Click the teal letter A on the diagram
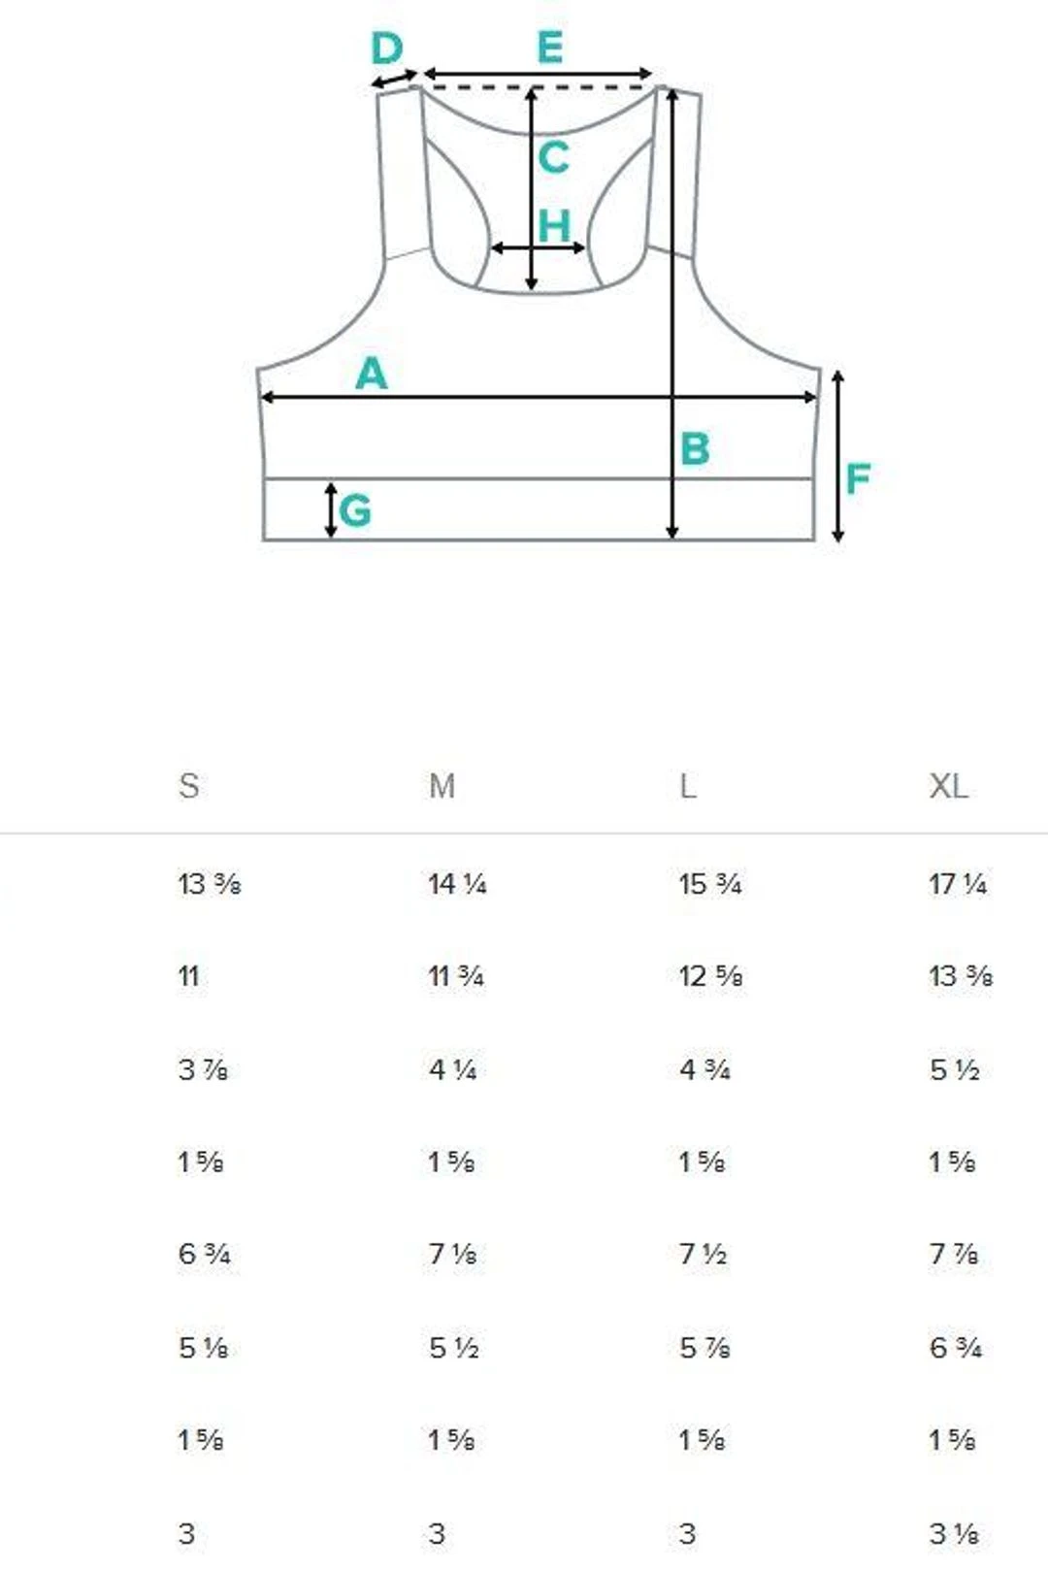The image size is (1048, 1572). click(372, 374)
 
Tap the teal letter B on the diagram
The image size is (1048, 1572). click(695, 448)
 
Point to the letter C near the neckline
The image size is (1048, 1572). click(553, 157)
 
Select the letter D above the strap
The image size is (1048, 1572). click(387, 49)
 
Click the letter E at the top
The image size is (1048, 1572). click(549, 48)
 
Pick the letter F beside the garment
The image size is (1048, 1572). click(858, 478)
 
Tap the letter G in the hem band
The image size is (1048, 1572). click(354, 510)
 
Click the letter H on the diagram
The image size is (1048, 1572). click(554, 227)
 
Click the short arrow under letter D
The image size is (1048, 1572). click(394, 80)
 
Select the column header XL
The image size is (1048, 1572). click(948, 786)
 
